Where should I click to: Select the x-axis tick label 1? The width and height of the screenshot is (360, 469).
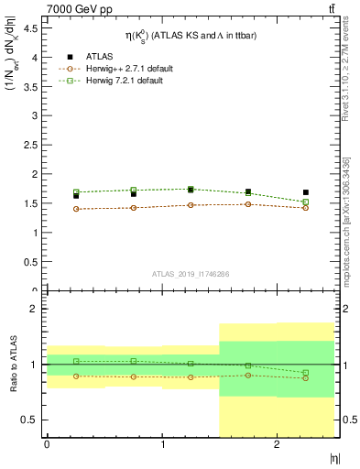[162, 443]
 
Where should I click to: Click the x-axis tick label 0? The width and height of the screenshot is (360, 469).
[47, 443]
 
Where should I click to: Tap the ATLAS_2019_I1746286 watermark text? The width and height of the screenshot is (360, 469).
[190, 274]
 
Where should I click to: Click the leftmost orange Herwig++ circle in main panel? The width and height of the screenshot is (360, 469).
[76, 209]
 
